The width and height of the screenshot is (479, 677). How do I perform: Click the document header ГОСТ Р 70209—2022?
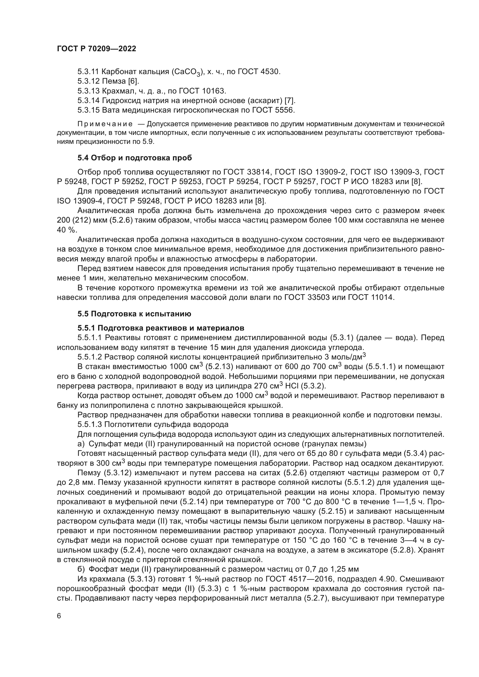96,49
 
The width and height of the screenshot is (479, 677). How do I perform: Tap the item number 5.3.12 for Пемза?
89,81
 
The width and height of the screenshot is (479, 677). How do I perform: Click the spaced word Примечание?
105,124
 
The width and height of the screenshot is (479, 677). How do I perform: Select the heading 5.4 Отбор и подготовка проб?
134,158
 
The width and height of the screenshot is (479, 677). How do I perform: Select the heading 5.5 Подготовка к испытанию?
134,314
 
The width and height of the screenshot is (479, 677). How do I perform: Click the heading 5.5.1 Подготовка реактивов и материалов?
161,328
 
